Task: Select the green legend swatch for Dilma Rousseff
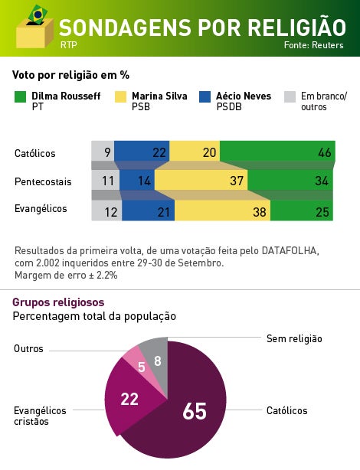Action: tap(21, 97)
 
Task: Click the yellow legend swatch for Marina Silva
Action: tap(120, 97)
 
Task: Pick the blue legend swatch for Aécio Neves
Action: tap(205, 97)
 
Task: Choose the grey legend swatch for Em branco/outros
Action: tap(290, 97)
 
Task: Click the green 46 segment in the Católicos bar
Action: tap(277, 152)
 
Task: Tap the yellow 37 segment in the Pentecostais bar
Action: tap(201, 181)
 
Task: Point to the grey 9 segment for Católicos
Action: tap(103, 152)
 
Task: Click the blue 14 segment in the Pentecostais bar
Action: tap(137, 181)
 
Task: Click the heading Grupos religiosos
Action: tap(58, 302)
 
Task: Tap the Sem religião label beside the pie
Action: tap(294, 338)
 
